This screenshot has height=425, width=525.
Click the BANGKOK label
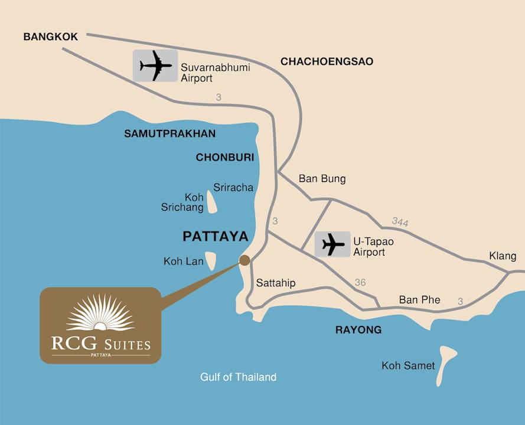[50, 37]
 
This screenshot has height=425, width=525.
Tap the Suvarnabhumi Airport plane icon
[155, 66]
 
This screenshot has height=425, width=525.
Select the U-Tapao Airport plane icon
[333, 244]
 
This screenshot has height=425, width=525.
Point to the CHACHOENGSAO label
[327, 61]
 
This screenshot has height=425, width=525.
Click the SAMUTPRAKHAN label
[169, 134]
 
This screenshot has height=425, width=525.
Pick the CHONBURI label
[224, 158]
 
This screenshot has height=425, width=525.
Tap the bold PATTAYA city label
[215, 236]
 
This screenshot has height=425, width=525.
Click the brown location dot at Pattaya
[244, 260]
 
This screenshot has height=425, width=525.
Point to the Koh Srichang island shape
[211, 202]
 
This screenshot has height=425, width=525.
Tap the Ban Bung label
[322, 178]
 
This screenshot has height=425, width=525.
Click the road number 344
[400, 222]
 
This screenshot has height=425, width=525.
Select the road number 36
[360, 283]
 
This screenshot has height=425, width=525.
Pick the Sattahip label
[275, 283]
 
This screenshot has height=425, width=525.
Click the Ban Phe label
[419, 300]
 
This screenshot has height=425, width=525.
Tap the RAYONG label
[358, 329]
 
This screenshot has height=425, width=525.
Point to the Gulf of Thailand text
[238, 377]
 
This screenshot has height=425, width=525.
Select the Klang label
[502, 256]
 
